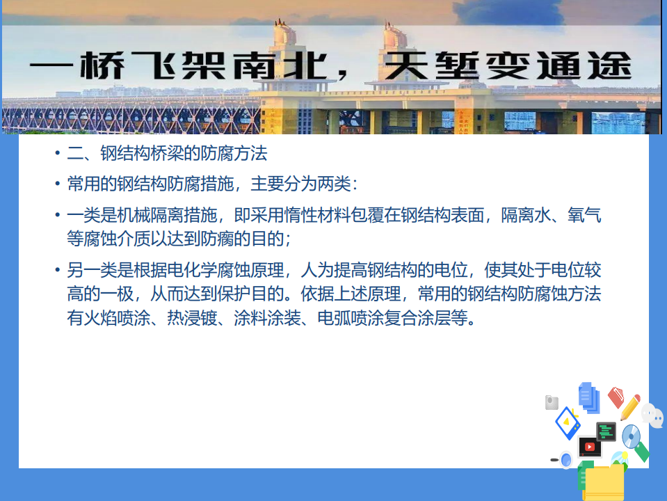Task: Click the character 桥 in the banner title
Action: point(102,65)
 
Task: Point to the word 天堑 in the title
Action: point(431,65)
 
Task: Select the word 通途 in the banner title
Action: point(584,65)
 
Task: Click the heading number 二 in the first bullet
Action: point(75,153)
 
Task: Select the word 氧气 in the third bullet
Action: point(584,216)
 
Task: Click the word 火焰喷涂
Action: point(117,318)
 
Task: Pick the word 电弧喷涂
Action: point(351,318)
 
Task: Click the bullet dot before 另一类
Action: point(58,270)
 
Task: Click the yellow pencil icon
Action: point(630,407)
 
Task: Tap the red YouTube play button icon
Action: point(590,447)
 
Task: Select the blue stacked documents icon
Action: point(589,397)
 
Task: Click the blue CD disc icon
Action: point(631,436)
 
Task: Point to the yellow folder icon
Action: point(604,482)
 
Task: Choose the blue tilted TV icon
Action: point(568,422)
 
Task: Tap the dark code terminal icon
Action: point(606,431)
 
